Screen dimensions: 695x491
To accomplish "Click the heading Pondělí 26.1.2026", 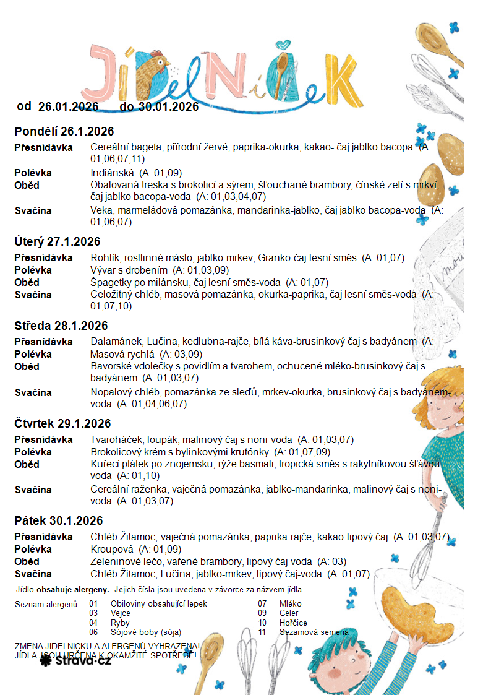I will pyautogui.click(x=64, y=132).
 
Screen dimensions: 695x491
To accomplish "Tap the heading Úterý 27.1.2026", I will pyautogui.click(x=58, y=242).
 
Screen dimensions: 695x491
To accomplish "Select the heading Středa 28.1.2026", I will pyautogui.click(x=61, y=326).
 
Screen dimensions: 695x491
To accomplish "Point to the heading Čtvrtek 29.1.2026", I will pyautogui.click(x=62, y=424).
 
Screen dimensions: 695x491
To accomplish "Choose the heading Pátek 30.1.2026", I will pyautogui.click(x=59, y=521).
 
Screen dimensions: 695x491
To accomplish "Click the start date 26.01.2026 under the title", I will pyautogui.click(x=69, y=107).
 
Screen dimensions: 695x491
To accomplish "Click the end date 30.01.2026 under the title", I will pyautogui.click(x=168, y=107).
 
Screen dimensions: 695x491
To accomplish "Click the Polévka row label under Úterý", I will pyautogui.click(x=33, y=270).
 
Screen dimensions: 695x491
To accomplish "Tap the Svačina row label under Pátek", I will pyautogui.click(x=33, y=574).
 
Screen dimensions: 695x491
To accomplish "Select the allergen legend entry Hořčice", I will pyautogui.click(x=293, y=623).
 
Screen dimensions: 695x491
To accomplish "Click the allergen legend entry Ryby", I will pyautogui.click(x=120, y=623).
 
